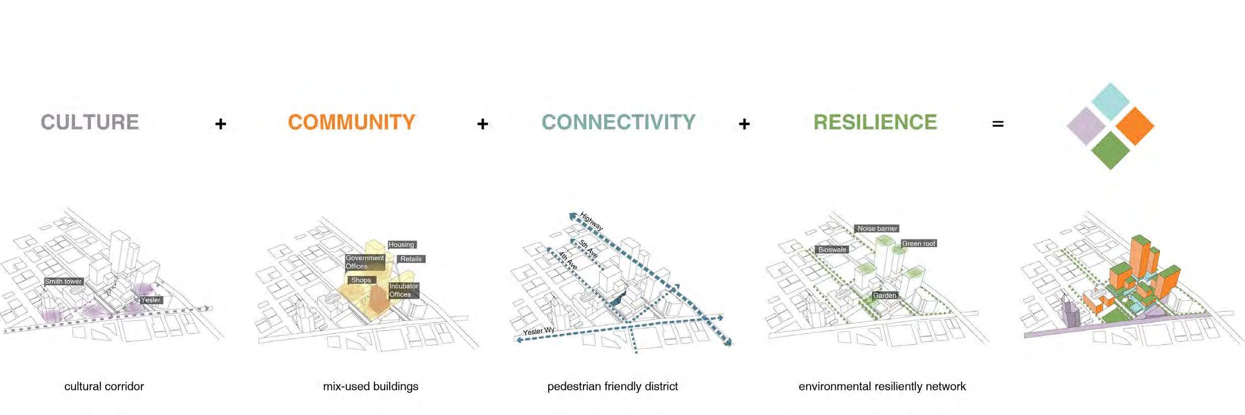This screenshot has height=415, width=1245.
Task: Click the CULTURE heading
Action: click(90, 122)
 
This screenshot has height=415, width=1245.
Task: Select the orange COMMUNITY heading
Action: click(351, 122)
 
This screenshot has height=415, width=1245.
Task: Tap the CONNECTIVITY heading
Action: click(618, 122)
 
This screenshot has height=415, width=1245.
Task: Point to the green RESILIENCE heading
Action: click(875, 122)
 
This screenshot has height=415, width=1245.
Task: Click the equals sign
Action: click(998, 124)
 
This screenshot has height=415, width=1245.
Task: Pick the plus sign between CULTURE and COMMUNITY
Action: click(221, 124)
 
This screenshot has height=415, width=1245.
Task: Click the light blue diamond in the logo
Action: click(1111, 101)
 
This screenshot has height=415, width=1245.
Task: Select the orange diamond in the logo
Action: click(1135, 126)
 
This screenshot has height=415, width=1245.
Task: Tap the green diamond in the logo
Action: click(1110, 150)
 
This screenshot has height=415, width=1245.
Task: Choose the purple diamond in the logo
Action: click(1086, 126)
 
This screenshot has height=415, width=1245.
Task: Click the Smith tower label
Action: click(63, 281)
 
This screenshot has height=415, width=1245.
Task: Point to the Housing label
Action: click(401, 244)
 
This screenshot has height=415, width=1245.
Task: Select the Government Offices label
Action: click(364, 262)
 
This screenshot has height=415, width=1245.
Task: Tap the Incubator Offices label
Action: click(403, 290)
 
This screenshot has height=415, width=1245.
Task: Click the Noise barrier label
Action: click(877, 228)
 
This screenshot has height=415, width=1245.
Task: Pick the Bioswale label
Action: click(832, 250)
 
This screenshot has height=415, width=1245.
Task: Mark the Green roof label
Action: click(918, 243)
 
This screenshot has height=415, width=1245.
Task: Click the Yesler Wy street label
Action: click(538, 331)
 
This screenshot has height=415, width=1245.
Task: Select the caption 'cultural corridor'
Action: click(104, 386)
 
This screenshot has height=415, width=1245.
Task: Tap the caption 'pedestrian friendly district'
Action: click(612, 386)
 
